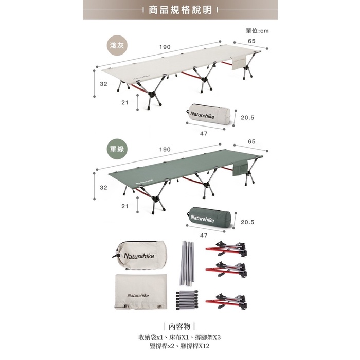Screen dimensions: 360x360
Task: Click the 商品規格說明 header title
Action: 179,10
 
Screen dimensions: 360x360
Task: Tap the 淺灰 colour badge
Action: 117,46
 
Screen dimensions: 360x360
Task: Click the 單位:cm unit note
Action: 257,31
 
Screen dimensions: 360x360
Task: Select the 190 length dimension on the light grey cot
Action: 165,47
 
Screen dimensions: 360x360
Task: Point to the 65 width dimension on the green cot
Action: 251,141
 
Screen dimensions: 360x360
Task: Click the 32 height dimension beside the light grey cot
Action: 103,84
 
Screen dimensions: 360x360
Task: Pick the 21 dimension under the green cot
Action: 124,206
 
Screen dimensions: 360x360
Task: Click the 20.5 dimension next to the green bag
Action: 247,222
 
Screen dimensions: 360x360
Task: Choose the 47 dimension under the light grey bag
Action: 203,133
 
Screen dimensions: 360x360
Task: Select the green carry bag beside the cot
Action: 209,216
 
